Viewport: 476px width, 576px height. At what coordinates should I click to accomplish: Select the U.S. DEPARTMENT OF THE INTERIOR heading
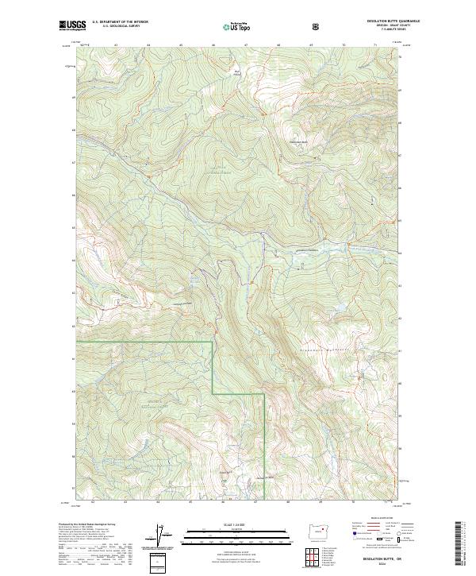(x=122, y=22)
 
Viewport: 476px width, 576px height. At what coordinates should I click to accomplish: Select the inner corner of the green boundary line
(x=212, y=392)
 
